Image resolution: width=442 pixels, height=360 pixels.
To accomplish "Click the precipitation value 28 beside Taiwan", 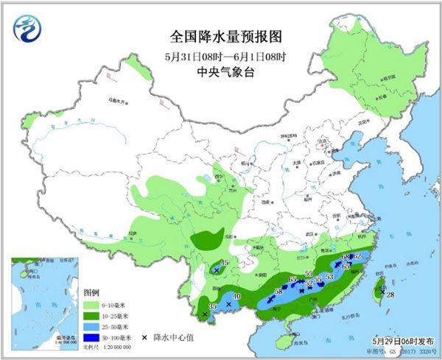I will point(390,295).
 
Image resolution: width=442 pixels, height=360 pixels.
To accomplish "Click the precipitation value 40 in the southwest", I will point(236,297).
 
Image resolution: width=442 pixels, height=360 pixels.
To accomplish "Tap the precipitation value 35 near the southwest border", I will point(213,306).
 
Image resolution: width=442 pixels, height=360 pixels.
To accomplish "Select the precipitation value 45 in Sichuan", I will point(226,264).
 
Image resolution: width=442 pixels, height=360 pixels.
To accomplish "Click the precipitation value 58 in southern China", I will point(278,292).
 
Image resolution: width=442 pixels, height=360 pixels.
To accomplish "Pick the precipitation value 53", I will point(329,277).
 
